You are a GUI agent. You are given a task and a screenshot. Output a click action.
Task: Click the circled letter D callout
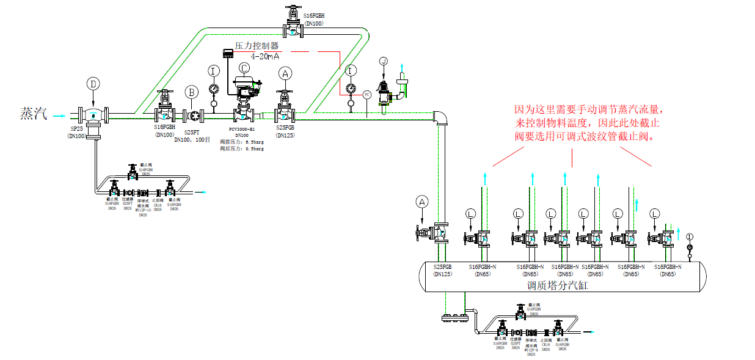pyautogui.click(x=93, y=83)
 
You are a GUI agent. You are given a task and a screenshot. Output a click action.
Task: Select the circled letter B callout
pyautogui.click(x=192, y=92)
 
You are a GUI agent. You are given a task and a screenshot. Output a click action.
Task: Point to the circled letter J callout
pyautogui.click(x=383, y=61)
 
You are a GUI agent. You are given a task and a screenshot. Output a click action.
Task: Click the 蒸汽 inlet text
pyautogui.click(x=34, y=114)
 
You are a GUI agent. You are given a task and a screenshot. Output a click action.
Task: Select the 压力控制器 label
pyautogui.click(x=257, y=46)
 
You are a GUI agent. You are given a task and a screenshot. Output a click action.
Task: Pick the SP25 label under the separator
pyautogui.click(x=76, y=130)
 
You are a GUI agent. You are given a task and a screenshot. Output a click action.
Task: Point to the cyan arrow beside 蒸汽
pyautogui.click(x=59, y=114)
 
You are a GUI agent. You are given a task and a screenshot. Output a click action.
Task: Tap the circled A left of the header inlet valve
pyautogui.click(x=422, y=201)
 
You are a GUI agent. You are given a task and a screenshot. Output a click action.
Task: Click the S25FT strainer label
pyautogui.click(x=192, y=132)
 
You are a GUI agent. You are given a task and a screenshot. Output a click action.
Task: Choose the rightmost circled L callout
pyautogui.click(x=655, y=213)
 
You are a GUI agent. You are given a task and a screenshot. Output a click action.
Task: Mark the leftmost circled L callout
pyautogui.click(x=470, y=213)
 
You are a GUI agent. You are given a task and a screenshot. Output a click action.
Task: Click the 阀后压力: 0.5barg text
pyautogui.click(x=242, y=149)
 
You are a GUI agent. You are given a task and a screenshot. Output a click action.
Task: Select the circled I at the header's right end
pyautogui.click(x=690, y=237)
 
